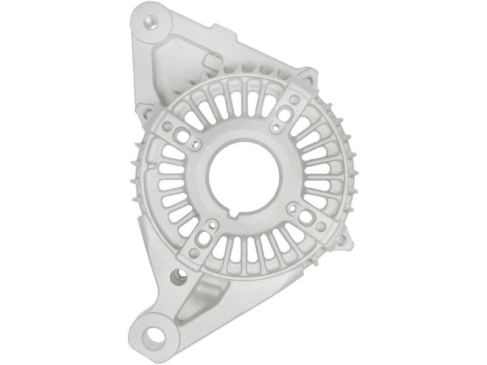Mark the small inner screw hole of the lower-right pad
point(294,207)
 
